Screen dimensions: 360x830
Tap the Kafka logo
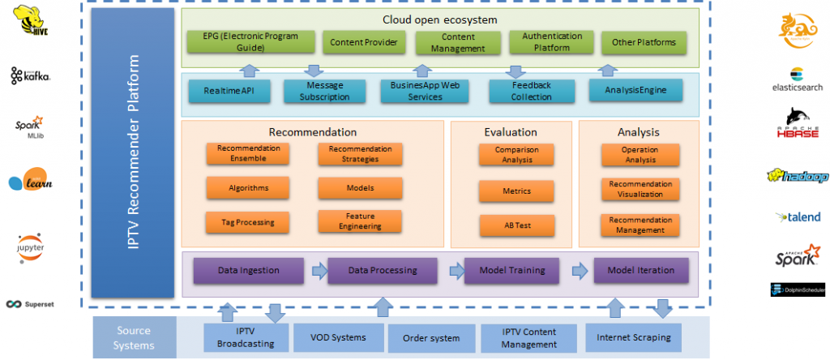(31, 75)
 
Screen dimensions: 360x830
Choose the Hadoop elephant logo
(798, 177)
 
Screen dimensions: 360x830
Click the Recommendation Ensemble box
(248, 154)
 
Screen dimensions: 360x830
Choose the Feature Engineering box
(359, 221)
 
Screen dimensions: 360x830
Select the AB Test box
(516, 225)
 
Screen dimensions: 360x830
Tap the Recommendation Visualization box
(640, 190)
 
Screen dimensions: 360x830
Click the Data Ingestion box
(248, 270)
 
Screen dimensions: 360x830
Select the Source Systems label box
(134, 337)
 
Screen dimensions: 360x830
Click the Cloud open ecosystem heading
(439, 19)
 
